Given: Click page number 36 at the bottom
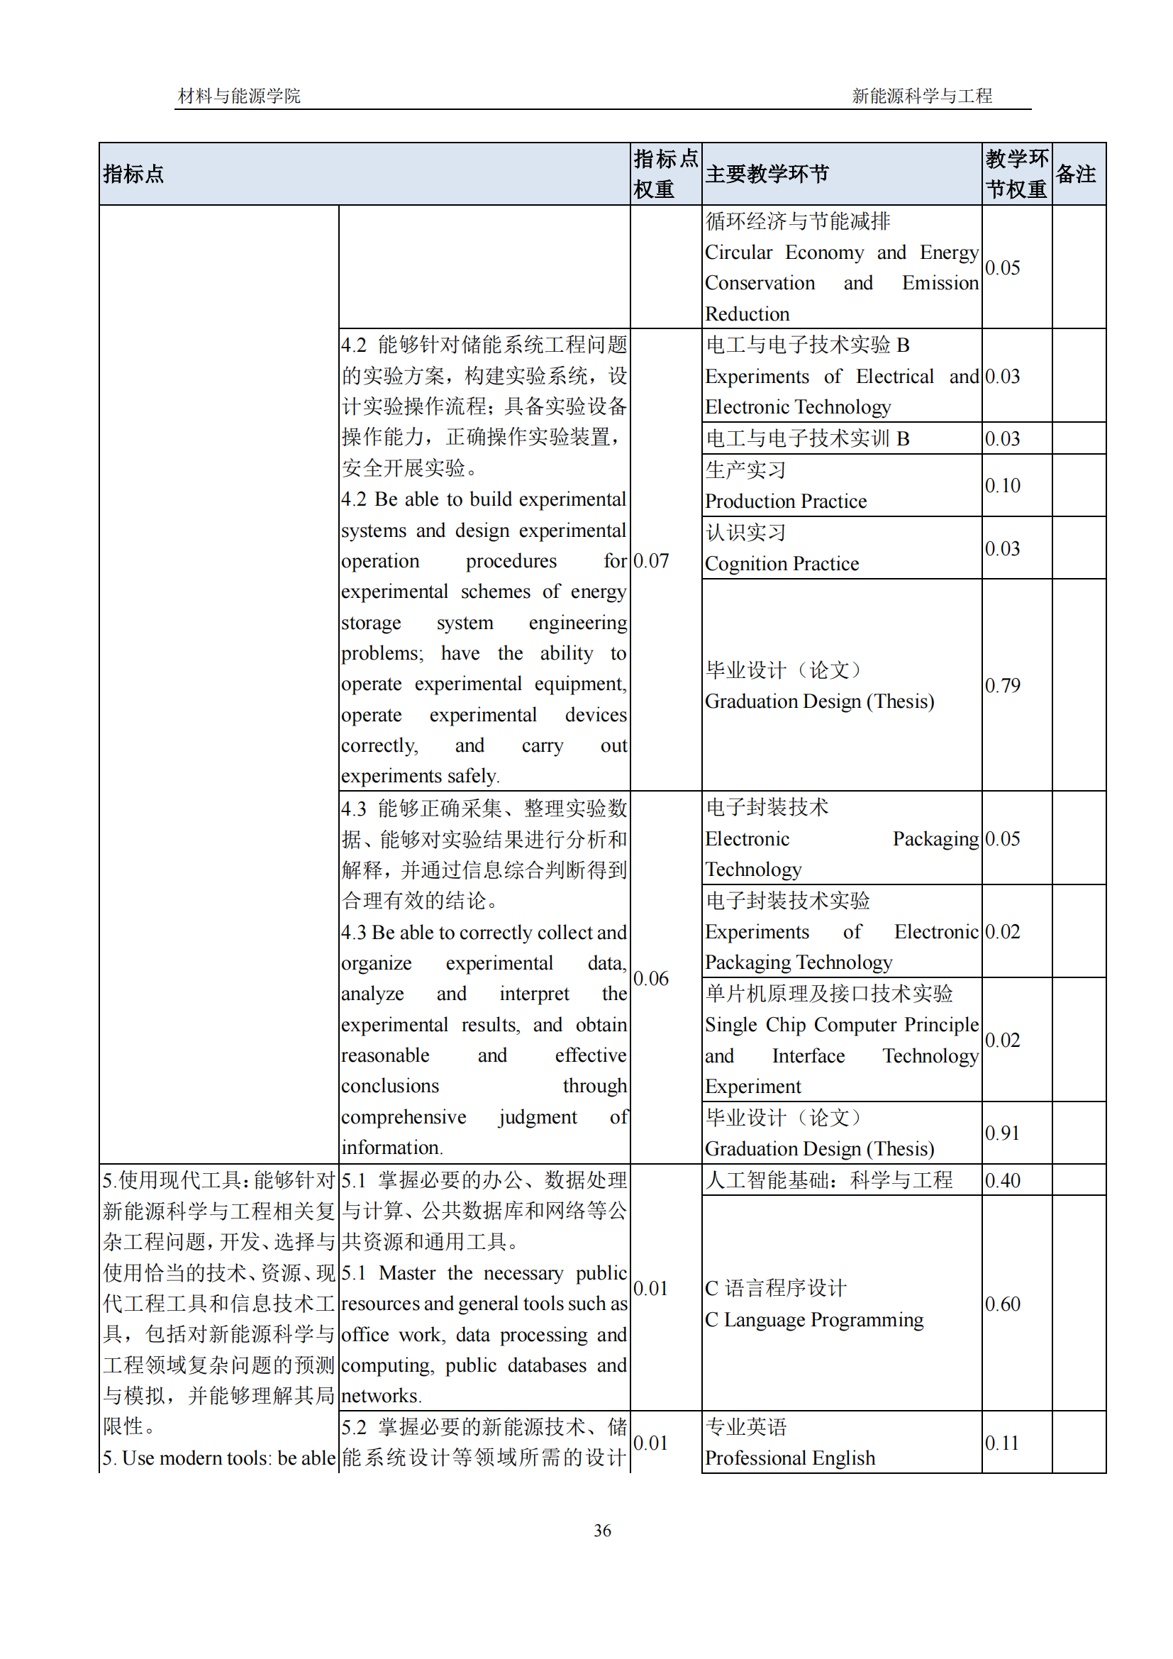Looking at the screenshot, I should [x=601, y=1530].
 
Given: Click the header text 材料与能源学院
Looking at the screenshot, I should [x=239, y=96].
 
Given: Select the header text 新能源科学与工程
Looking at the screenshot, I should [x=922, y=96].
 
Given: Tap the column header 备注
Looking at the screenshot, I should [x=1076, y=174].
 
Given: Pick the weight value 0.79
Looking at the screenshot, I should [x=1003, y=685].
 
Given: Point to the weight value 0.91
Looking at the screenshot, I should [x=1003, y=1133].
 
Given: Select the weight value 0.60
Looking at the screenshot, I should [x=1003, y=1304].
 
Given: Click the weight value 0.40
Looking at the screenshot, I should [x=1003, y=1181].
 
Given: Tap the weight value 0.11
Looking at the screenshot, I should [x=1002, y=1443].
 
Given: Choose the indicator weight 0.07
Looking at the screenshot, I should [x=651, y=561].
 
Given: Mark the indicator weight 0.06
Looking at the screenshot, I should [x=651, y=978].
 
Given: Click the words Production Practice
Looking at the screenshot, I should [x=785, y=501].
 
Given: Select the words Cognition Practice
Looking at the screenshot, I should [x=782, y=564].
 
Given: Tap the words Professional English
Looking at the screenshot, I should [x=789, y=1458].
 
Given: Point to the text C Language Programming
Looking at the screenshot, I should [x=814, y=1320].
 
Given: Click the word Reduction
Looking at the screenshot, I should [x=747, y=314].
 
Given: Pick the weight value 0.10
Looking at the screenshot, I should [x=1003, y=486].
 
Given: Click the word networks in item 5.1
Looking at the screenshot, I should [x=381, y=1396].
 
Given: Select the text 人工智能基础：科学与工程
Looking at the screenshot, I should [x=828, y=1181].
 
